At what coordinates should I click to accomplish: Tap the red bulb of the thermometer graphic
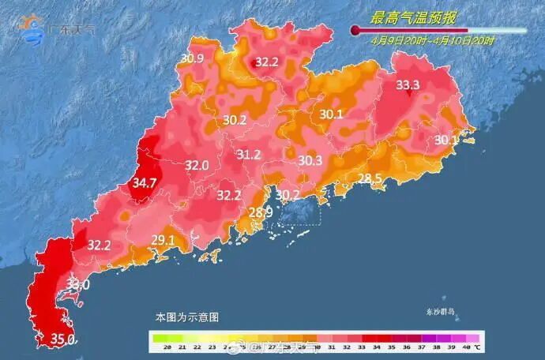pos(355,31)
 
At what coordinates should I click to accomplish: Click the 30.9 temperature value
pos(192,58)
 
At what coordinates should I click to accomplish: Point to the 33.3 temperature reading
pos(408,85)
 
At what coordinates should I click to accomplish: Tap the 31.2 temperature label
pos(249,155)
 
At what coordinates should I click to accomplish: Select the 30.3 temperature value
pos(310,160)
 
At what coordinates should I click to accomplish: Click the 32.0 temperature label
pos(197,166)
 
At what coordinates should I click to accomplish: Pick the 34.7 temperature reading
pos(145,183)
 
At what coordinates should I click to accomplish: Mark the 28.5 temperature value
pos(370,178)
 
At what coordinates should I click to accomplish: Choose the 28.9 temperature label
pos(261,212)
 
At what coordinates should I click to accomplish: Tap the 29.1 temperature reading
pos(163,240)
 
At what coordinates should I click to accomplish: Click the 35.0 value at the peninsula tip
pos(63,339)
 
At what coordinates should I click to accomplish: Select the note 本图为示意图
pos(187,317)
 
